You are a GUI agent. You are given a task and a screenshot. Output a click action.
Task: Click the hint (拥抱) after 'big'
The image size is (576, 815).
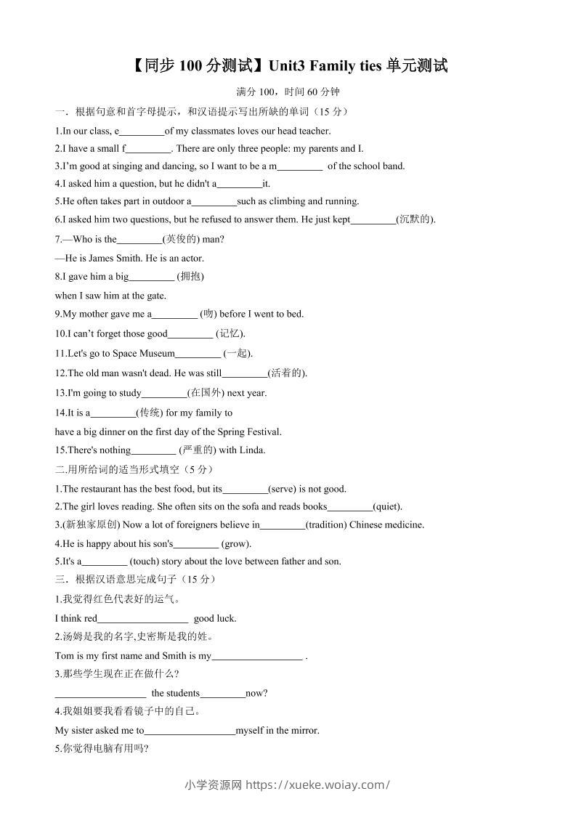190,276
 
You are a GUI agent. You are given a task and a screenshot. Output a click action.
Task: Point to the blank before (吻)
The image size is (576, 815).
174,315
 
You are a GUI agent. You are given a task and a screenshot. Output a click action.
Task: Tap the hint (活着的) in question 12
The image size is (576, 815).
288,373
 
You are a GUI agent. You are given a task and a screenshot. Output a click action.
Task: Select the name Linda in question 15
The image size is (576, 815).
252,450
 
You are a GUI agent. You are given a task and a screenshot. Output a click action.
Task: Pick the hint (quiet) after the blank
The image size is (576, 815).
387,507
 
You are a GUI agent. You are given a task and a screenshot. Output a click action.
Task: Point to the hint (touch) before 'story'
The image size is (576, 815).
144,561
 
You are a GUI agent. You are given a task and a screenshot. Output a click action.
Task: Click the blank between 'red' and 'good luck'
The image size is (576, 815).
142,619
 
